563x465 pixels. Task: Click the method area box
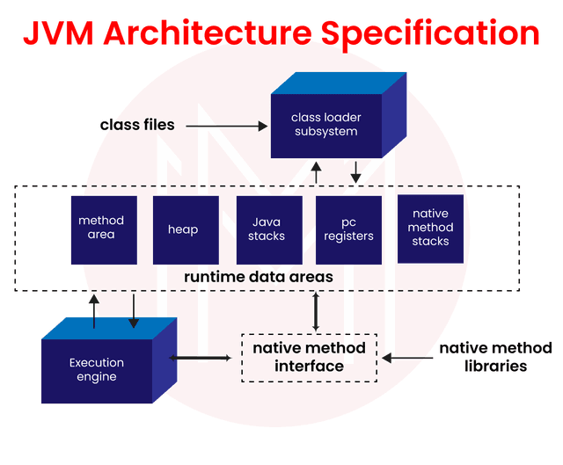coord(101,228)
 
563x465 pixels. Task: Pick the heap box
coord(183,229)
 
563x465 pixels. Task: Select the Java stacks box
coord(267,229)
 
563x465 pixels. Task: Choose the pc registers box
coord(349,229)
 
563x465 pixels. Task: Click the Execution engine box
coord(97,369)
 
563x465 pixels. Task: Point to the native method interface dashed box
coord(309,358)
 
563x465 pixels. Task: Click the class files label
coord(137,126)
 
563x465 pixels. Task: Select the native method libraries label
coord(496,357)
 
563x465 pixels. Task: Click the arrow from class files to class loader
coord(228,127)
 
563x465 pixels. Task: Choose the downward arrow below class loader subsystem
coord(355,171)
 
